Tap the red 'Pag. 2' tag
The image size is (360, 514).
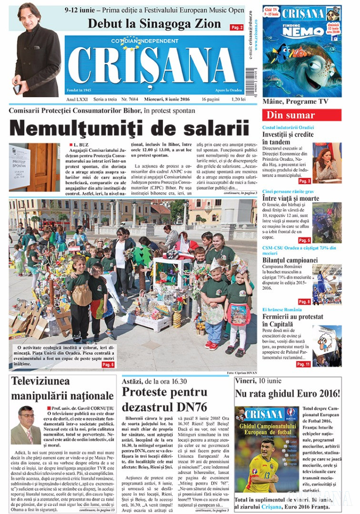(237, 28)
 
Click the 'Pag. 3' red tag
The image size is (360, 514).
(304, 181)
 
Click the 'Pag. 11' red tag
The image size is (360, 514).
(303, 364)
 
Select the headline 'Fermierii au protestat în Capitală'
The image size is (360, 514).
(292, 320)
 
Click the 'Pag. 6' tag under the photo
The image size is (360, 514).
(108, 365)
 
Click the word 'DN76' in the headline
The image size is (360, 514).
(190, 407)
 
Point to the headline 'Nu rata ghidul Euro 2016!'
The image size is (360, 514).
(287, 394)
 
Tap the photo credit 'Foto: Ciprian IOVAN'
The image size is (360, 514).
(241, 372)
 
